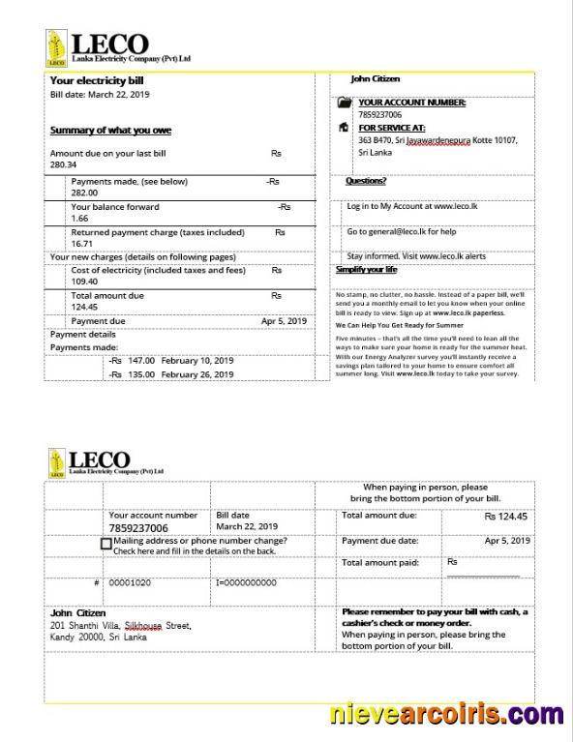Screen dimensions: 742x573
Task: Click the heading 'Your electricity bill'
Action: [96, 81]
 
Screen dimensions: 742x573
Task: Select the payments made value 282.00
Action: [84, 193]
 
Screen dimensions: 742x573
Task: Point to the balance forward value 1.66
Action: [79, 219]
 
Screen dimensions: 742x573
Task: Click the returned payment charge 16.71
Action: [82, 245]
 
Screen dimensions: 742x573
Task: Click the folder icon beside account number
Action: [344, 103]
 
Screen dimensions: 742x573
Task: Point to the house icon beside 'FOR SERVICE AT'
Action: [344, 127]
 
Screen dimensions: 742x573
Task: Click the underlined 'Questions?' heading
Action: [366, 181]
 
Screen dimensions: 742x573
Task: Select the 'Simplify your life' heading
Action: [366, 269]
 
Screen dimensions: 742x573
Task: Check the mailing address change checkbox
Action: [106, 544]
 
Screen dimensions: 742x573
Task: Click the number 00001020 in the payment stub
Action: [130, 583]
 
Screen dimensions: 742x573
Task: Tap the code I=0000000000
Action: [246, 583]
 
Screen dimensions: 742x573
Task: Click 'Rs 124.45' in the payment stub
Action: [506, 517]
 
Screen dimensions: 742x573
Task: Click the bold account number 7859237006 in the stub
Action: [138, 528]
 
